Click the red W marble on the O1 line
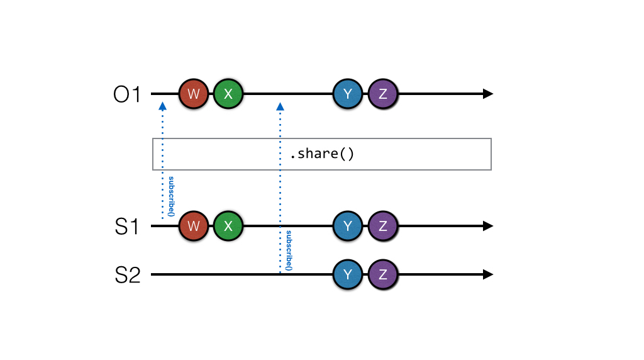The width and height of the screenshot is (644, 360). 194,94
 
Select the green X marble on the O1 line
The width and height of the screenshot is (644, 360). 228,94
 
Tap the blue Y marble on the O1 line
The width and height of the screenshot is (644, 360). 348,94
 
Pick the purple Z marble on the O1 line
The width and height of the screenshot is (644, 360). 382,94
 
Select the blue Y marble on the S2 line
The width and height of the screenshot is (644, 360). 348,274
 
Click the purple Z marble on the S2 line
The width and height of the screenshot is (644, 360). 382,274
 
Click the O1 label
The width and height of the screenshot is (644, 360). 127,95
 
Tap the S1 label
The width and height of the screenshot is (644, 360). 127,227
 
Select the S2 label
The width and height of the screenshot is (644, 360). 127,275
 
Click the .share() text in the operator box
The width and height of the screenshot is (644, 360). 321,154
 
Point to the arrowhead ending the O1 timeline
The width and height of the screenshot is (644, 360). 487,94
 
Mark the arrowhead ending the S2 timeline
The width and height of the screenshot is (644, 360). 487,274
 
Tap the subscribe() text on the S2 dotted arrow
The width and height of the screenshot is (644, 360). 289,250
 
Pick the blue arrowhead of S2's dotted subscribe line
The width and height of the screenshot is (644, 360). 280,107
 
